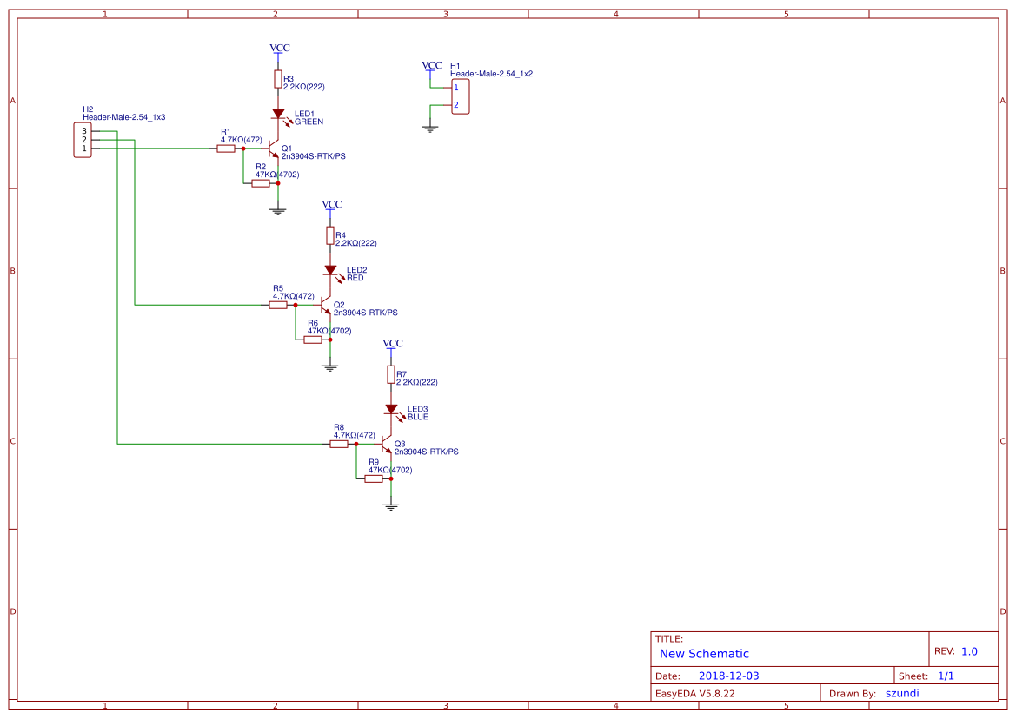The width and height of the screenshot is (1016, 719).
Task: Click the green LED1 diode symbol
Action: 278,114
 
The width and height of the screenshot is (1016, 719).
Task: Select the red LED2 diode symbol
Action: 330,270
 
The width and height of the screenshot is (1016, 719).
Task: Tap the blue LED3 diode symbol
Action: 391,409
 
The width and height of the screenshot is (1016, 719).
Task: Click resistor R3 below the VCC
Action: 278,80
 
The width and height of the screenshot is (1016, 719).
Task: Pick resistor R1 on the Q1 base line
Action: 226,148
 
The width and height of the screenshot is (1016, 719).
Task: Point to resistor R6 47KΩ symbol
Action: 313,340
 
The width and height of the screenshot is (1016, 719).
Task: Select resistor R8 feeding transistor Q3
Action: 339,444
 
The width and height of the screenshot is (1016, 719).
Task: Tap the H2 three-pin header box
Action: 83,140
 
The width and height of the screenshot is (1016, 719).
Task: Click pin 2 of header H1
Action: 455,105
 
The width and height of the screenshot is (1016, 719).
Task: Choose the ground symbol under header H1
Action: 429,129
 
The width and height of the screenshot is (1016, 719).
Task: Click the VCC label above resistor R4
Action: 332,205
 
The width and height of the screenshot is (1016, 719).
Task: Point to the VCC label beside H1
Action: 431,66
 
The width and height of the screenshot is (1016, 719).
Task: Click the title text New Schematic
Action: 704,654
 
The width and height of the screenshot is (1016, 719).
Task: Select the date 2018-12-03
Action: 728,676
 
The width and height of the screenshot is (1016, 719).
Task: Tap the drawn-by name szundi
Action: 901,693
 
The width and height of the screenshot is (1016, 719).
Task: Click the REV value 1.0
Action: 969,651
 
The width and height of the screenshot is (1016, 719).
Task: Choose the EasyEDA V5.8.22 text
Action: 694,693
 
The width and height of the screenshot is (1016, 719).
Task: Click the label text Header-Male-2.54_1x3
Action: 124,116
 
